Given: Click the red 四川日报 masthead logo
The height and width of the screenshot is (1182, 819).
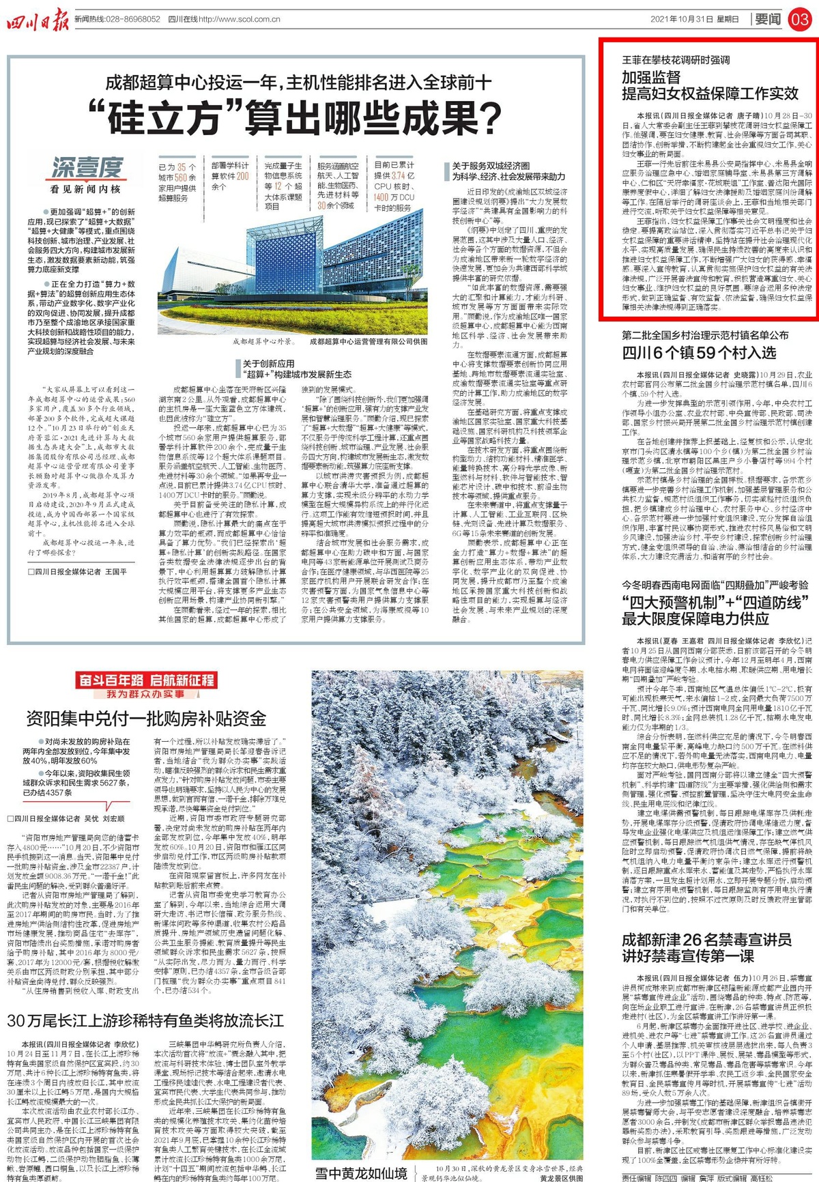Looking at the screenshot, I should [38, 20].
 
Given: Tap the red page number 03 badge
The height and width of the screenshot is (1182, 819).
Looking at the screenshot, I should [800, 19].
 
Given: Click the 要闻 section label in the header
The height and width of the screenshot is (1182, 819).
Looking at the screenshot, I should [767, 19].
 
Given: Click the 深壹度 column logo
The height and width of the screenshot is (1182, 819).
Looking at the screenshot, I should [87, 167].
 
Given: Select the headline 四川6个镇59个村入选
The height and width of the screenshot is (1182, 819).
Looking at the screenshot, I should [699, 353].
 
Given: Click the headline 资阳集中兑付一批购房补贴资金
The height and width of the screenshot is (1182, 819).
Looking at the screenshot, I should [146, 719].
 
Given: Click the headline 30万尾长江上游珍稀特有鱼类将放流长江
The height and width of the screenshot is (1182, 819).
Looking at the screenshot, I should [145, 1021].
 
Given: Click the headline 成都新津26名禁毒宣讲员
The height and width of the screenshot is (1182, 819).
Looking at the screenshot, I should [706, 940].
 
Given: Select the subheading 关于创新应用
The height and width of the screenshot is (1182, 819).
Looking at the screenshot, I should [269, 364].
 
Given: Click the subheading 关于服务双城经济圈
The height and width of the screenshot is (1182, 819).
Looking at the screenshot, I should [491, 166].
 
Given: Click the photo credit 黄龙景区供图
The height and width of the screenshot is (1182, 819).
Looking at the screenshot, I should [561, 1178].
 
